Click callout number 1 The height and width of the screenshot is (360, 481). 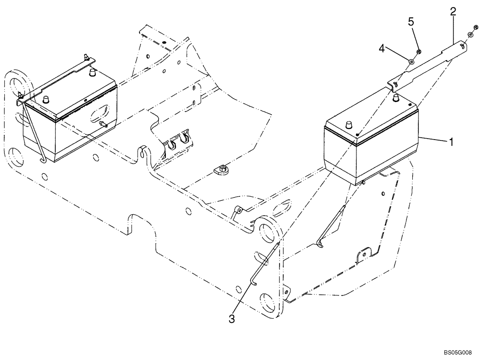coord(451,142)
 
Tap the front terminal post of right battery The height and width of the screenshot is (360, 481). coord(345,125)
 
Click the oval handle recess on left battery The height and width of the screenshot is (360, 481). coord(99,115)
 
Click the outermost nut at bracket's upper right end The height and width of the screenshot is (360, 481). coord(476,28)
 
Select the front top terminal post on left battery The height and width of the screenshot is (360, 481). coord(47,100)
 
